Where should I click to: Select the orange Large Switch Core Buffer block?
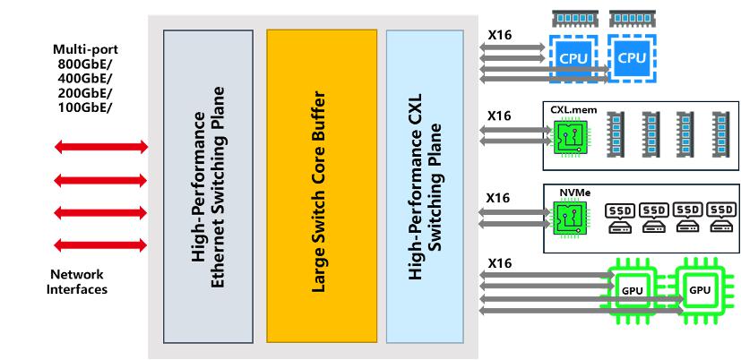point(321,185)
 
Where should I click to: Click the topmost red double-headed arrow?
point(100,147)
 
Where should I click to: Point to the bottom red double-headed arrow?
point(100,244)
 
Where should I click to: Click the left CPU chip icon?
point(574,57)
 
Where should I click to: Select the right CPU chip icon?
point(633,57)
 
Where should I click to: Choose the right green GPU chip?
point(698,290)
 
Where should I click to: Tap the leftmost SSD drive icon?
point(622,217)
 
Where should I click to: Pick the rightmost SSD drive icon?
point(719,217)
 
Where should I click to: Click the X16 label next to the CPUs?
point(499,36)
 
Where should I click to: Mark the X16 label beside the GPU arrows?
point(499,263)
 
